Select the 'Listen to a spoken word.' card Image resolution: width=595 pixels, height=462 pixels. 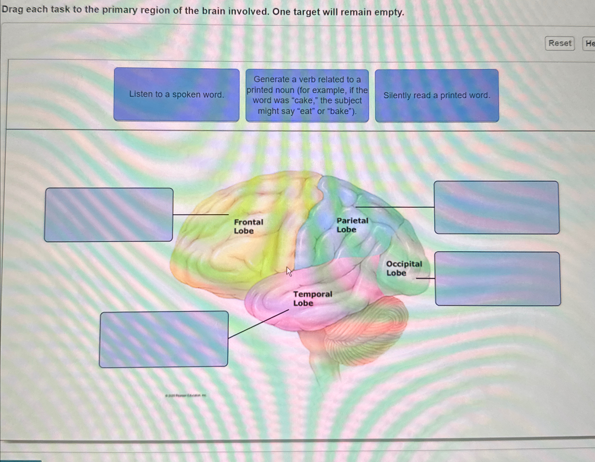[176, 95]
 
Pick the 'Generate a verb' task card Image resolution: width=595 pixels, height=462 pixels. [307, 95]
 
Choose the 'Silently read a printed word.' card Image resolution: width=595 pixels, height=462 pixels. [437, 95]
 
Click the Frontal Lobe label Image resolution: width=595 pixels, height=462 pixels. [248, 227]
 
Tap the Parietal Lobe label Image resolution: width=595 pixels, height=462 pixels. [352, 225]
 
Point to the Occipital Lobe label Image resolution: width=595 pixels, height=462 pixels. [404, 268]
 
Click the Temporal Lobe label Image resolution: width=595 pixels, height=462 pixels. [313, 298]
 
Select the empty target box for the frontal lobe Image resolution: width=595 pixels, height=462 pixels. [109, 214]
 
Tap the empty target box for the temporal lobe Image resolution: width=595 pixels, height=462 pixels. [164, 339]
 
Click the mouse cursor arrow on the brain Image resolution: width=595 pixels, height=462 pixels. [289, 271]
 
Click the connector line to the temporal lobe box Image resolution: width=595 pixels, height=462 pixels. [258, 324]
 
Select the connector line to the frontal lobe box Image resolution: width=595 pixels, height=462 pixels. [201, 214]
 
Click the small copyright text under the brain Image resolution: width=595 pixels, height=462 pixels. [186, 395]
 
